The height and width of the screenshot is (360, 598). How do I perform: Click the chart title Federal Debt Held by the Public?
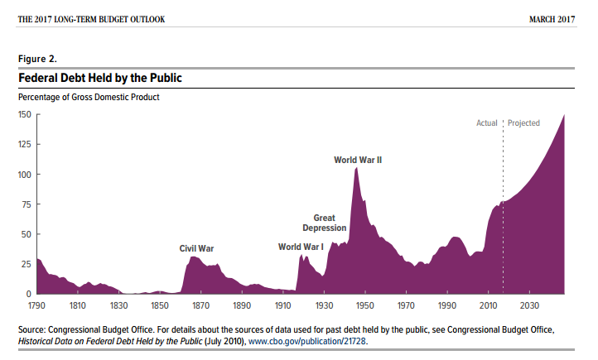pyautogui.click(x=100, y=78)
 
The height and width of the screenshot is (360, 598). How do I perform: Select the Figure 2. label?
pyautogui.click(x=37, y=59)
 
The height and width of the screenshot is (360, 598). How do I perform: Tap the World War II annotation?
pyautogui.click(x=358, y=160)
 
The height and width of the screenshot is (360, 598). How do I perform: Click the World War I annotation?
pyautogui.click(x=301, y=247)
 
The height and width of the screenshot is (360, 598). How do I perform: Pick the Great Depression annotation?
pyautogui.click(x=318, y=223)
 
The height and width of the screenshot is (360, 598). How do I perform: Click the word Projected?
pyautogui.click(x=523, y=123)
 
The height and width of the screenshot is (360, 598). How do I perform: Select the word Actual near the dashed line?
pyautogui.click(x=486, y=123)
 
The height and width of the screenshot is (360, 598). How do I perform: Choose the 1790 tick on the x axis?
pyautogui.click(x=37, y=305)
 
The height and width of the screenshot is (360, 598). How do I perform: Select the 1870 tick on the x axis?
pyautogui.click(x=201, y=305)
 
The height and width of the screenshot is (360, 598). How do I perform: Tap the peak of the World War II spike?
pyautogui.click(x=356, y=168)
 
